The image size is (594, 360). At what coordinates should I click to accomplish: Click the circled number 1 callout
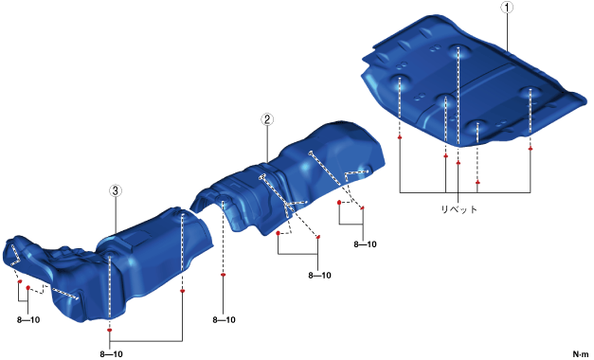pyautogui.click(x=507, y=8)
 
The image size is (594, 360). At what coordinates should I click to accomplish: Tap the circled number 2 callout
pyautogui.click(x=267, y=119)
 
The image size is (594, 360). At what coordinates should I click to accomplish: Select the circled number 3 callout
pyautogui.click(x=116, y=190)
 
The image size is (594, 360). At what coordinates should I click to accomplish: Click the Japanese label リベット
pyautogui.click(x=459, y=208)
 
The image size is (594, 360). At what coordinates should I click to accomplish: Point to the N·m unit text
pyautogui.click(x=581, y=354)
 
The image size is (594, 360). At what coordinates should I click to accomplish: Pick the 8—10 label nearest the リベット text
pyautogui.click(x=365, y=244)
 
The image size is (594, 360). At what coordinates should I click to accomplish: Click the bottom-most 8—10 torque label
pyautogui.click(x=112, y=354)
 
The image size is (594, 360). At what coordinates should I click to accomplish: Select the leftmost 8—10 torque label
pyautogui.click(x=28, y=320)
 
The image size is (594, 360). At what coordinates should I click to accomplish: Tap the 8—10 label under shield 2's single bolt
pyautogui.click(x=224, y=320)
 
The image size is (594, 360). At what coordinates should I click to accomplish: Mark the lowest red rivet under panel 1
pyautogui.click(x=477, y=182)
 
